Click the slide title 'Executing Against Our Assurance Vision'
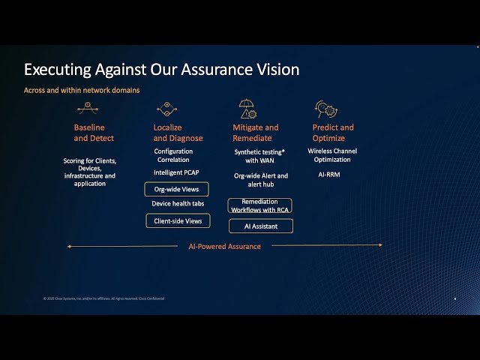[x=161, y=70]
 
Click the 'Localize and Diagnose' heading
[x=178, y=133]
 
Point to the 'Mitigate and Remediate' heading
[x=256, y=133]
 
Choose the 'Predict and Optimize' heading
[x=333, y=133]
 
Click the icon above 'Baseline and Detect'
[x=88, y=108]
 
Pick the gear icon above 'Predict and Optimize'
[x=325, y=109]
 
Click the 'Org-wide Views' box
[x=177, y=189]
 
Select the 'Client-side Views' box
[x=178, y=220]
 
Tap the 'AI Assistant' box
[x=260, y=226]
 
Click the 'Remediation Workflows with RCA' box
[x=259, y=205]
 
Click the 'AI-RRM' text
[x=332, y=174]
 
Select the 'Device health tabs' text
[x=178, y=204]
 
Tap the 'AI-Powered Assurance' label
[x=224, y=246]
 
